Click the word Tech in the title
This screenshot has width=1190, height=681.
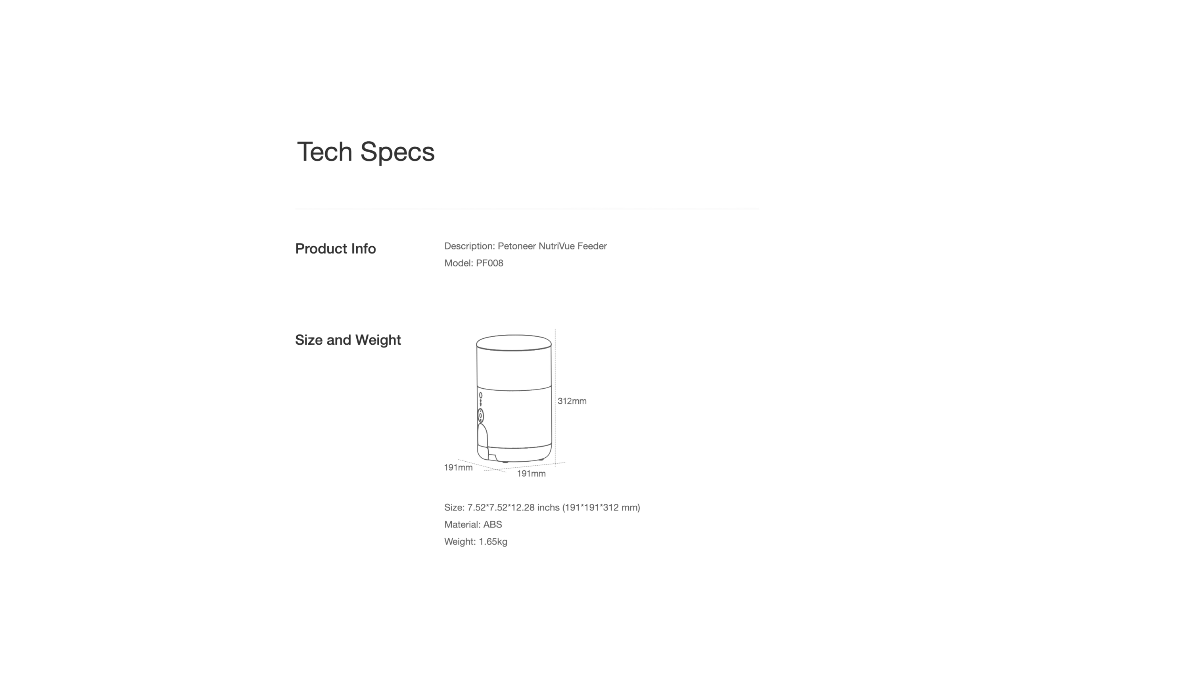pos(324,152)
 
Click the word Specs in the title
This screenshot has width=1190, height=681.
pos(397,152)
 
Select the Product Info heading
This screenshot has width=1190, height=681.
pos(336,248)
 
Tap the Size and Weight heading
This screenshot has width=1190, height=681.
pos(348,340)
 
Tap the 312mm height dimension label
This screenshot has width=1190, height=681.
pos(572,401)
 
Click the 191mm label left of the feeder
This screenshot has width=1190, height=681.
pos(458,468)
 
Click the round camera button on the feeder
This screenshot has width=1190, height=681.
pos(480,415)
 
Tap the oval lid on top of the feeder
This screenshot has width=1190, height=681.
pos(514,342)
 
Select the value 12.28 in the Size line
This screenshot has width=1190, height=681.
pos(522,507)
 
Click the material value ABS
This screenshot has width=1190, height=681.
pos(493,525)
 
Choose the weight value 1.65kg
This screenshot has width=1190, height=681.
pos(493,542)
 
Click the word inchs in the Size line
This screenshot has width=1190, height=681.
pos(548,507)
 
